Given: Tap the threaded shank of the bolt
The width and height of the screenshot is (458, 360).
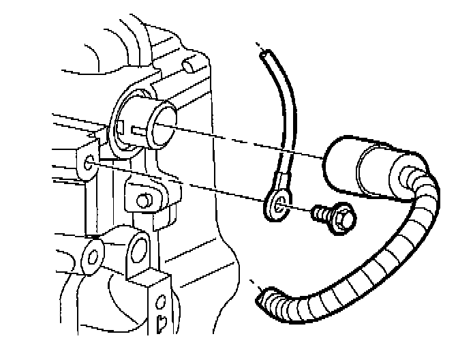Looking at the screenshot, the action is click(x=319, y=214).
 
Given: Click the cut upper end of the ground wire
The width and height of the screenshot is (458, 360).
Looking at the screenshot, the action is click(x=262, y=52).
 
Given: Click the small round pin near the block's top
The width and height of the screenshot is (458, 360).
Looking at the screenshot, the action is click(x=189, y=64).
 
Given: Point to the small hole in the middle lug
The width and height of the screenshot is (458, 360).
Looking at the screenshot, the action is click(x=143, y=200).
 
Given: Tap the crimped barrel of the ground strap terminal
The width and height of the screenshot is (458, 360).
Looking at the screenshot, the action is click(x=284, y=182).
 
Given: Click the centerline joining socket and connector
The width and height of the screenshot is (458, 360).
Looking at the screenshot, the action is click(x=245, y=140).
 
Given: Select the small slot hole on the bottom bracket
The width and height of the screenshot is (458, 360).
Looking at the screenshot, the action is click(x=162, y=320).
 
